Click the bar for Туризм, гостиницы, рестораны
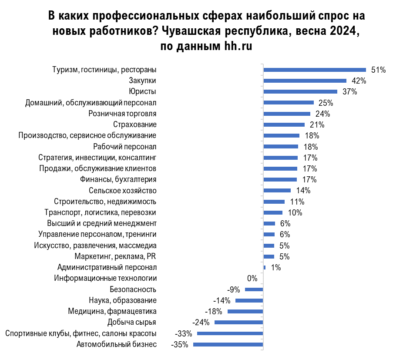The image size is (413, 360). click(x=314, y=69)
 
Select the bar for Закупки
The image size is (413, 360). click(x=305, y=81)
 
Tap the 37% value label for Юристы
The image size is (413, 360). click(x=349, y=91)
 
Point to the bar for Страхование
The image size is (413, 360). click(x=284, y=124)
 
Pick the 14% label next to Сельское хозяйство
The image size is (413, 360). click(x=302, y=190)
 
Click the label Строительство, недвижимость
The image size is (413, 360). click(x=105, y=202)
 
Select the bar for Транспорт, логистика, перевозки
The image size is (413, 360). click(x=273, y=212)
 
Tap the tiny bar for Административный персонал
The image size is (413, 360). click(x=265, y=267)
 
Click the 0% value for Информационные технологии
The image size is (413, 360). click(x=252, y=279)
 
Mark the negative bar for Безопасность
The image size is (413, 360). click(x=254, y=289)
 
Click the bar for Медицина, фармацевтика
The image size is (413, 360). click(x=245, y=311)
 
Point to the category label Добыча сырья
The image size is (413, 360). click(x=132, y=323)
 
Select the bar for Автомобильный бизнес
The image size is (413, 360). click(x=228, y=344)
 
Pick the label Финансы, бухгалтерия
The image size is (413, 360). click(x=118, y=179)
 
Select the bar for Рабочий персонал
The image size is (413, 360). click(x=281, y=146)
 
